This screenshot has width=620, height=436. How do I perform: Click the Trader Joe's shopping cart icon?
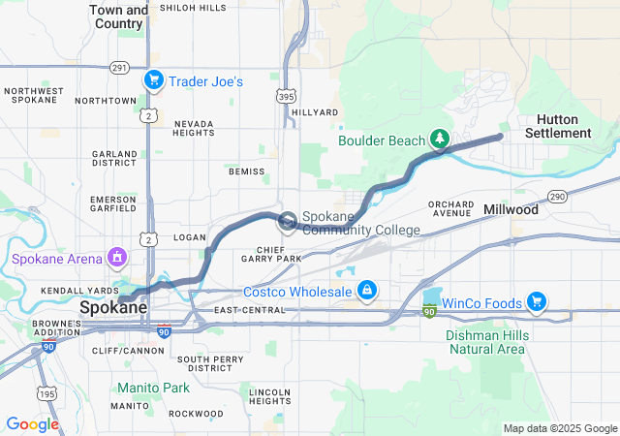pos(153,81)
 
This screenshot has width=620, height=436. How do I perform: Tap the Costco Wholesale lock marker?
pos(367,291)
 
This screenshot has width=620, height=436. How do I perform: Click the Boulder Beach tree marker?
pos(439,140)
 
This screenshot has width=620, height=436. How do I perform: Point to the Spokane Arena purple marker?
pos(117,259)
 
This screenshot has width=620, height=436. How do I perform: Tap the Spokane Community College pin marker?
pos(289,223)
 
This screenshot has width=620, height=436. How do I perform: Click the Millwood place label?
pos(511,209)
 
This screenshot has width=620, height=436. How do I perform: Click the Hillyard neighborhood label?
pos(315,112)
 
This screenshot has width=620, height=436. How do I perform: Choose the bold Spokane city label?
pos(113,308)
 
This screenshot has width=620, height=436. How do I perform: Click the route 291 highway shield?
pos(119,68)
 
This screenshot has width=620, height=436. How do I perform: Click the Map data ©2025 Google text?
pos(560,428)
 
